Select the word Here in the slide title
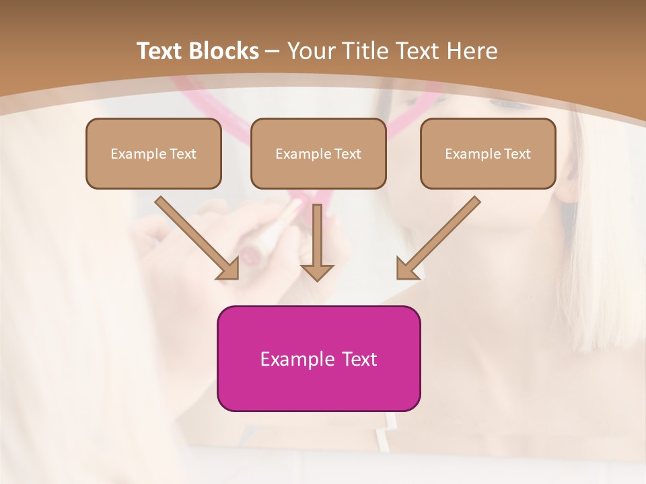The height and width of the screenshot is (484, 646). click(x=472, y=51)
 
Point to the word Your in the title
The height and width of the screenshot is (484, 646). click(x=313, y=51)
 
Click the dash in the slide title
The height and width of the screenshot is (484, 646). click(x=273, y=51)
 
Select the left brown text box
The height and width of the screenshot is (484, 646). click(x=153, y=153)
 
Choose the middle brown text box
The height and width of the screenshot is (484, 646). click(x=318, y=153)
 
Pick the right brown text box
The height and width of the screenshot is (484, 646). click(x=488, y=153)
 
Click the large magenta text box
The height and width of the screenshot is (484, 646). click(x=318, y=358)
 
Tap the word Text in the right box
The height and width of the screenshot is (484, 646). click(x=517, y=154)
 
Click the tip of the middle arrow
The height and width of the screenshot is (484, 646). click(x=317, y=279)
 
